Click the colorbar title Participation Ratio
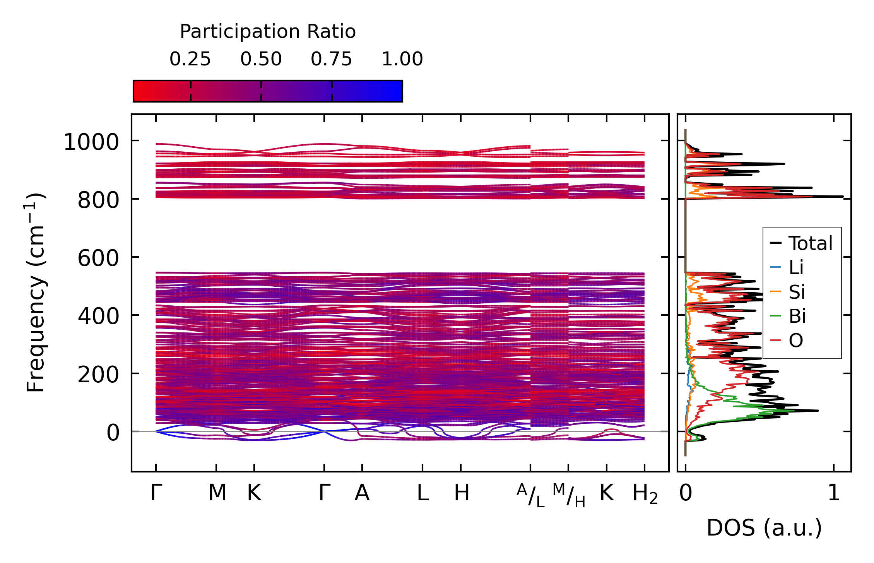coord(268,32)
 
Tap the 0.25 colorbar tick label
coord(190,59)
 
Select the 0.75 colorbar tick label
coord(332,59)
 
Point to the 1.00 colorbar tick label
coord(402,59)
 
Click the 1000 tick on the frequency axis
coord(91,142)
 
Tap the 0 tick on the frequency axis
coord(113,433)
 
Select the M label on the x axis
coord(217,493)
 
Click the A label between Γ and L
coord(362,493)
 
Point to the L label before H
coord(422,493)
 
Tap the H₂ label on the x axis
coord(645,494)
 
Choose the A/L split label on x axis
coord(531,495)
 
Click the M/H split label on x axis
coord(569,495)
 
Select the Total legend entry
coord(810,243)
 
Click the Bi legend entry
coord(797,316)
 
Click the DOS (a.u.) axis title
coord(764,528)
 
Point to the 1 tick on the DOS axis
coord(834,493)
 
